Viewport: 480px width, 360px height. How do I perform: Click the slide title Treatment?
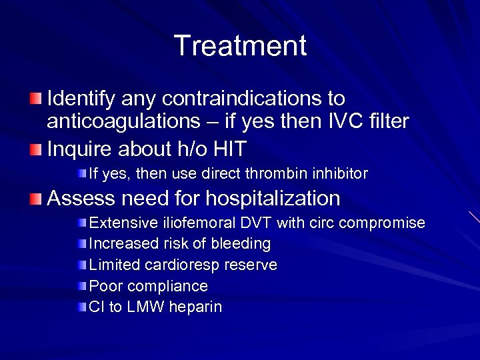240,46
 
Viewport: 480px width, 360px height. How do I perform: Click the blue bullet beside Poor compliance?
81,286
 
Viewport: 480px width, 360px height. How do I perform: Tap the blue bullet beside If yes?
81,174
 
